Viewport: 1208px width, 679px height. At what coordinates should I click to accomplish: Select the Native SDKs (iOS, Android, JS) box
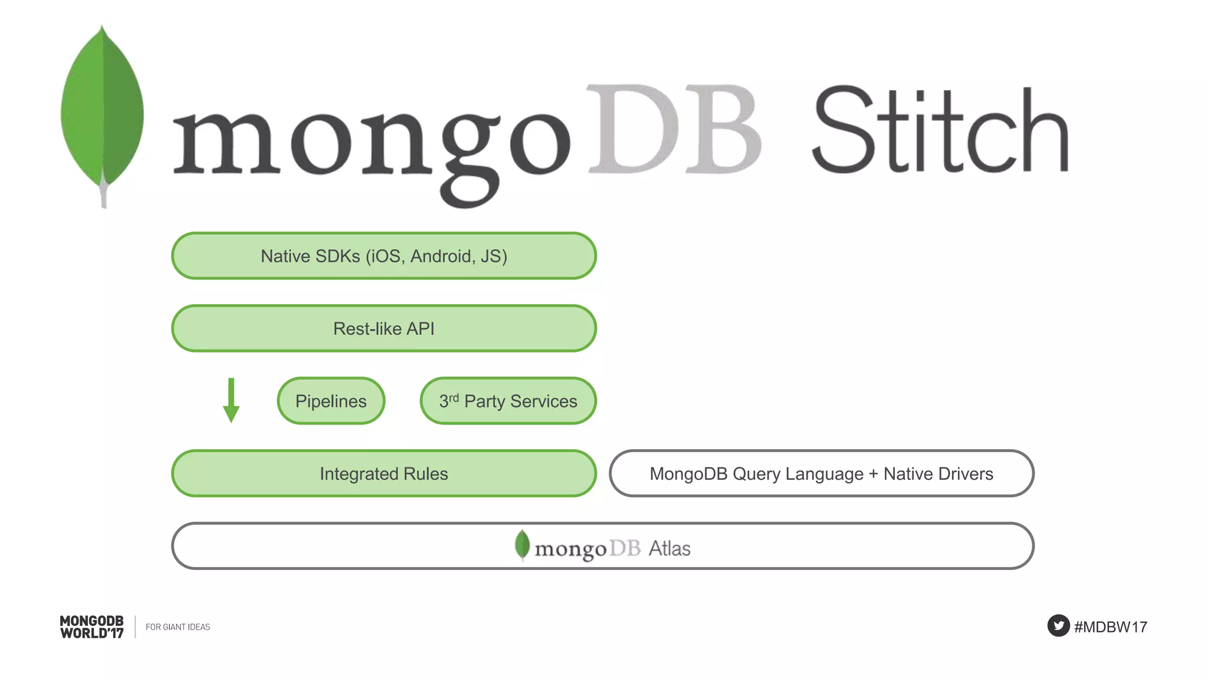click(x=383, y=256)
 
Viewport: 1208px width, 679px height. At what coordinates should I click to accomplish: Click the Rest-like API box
click(x=383, y=328)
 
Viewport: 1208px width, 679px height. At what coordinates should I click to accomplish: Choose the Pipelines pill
click(x=331, y=401)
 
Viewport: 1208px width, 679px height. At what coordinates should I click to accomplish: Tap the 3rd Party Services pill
click(x=508, y=401)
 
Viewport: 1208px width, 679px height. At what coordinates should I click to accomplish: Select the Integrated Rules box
click(x=383, y=473)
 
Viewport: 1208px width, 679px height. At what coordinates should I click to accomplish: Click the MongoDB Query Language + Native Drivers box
click(x=821, y=473)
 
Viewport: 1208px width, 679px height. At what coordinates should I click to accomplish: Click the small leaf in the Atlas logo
click(x=522, y=544)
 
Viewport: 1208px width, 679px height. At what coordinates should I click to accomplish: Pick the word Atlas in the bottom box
click(x=669, y=548)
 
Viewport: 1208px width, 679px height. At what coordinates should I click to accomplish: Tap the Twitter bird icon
click(x=1058, y=625)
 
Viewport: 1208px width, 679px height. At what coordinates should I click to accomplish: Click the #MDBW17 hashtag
click(x=1111, y=627)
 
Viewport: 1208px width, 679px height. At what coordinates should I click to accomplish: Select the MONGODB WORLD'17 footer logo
click(x=92, y=627)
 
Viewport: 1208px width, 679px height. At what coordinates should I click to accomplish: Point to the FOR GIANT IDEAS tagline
click(x=178, y=627)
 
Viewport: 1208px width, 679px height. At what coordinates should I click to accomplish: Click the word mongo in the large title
click(x=372, y=141)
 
